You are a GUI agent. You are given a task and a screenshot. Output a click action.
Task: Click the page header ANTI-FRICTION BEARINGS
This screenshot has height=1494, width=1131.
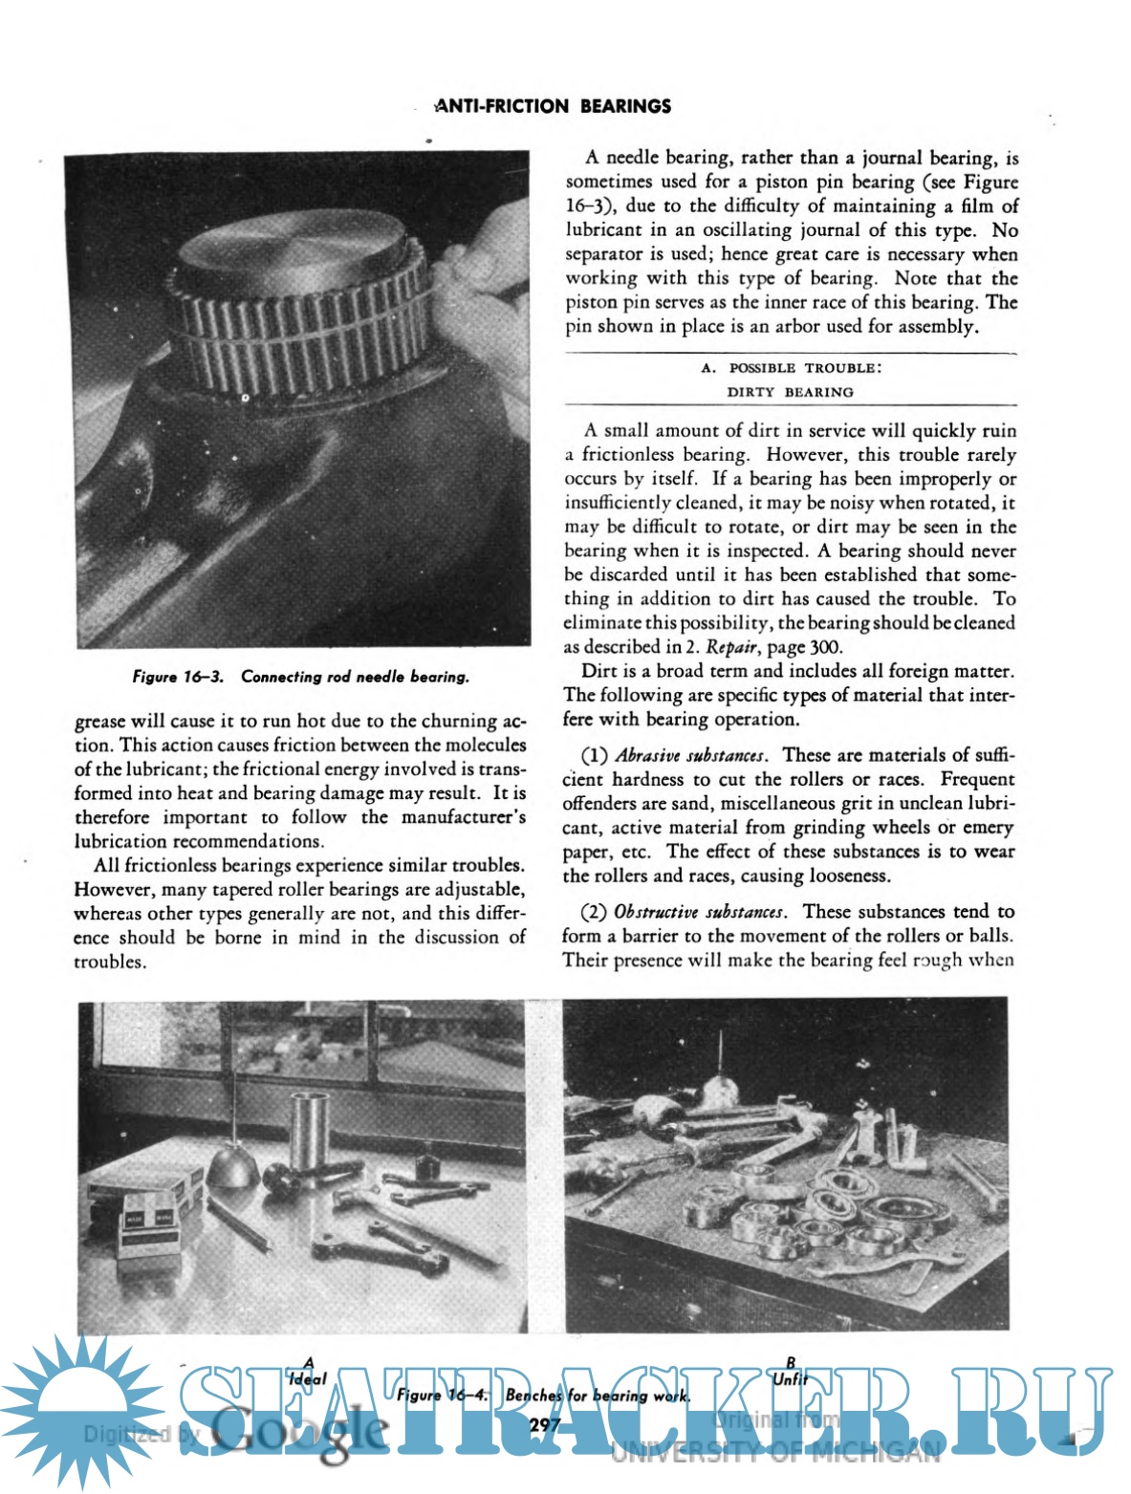click(x=553, y=106)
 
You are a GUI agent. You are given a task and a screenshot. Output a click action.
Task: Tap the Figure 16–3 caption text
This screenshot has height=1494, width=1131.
click(x=300, y=677)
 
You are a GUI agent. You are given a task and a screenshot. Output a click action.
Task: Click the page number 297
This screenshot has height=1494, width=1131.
click(x=544, y=1425)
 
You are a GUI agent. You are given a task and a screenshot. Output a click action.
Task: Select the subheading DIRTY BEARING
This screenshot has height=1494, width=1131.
click(x=790, y=392)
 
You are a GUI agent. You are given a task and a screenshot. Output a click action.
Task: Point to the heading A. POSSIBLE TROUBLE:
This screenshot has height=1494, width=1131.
click(x=790, y=368)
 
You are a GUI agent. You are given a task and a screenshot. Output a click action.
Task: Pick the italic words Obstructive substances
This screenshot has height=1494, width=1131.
click(x=700, y=912)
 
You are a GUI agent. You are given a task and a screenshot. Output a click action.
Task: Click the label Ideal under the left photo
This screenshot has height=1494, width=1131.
click(x=307, y=1378)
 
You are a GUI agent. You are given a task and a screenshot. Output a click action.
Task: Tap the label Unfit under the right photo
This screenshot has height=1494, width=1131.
click(x=790, y=1378)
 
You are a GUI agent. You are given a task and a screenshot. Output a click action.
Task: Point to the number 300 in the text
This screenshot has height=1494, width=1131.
click(x=825, y=647)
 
